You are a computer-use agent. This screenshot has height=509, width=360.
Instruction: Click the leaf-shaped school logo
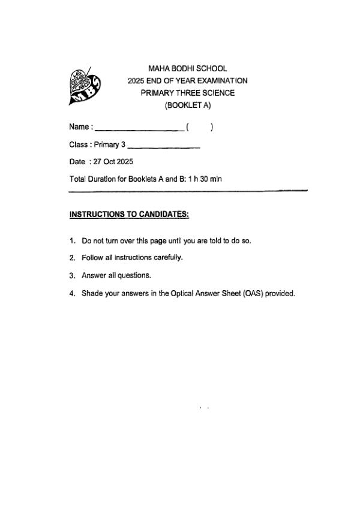[85, 86]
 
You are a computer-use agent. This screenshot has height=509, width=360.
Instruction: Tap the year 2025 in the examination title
[137, 80]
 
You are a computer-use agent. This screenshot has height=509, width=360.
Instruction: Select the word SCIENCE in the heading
[219, 93]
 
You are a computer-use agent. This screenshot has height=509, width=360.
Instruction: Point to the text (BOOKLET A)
[188, 106]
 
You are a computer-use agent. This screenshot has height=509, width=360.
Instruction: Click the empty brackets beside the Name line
[200, 127]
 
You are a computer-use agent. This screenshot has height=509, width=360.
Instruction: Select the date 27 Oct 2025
[113, 162]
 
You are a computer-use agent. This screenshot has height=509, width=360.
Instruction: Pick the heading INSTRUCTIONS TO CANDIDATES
[130, 214]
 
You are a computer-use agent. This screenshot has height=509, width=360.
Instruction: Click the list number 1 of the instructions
[72, 241]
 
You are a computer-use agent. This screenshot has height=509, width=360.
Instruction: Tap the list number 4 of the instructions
[72, 294]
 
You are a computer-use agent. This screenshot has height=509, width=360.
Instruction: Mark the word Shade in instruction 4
[92, 294]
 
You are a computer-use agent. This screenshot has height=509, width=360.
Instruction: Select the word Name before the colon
[79, 127]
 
